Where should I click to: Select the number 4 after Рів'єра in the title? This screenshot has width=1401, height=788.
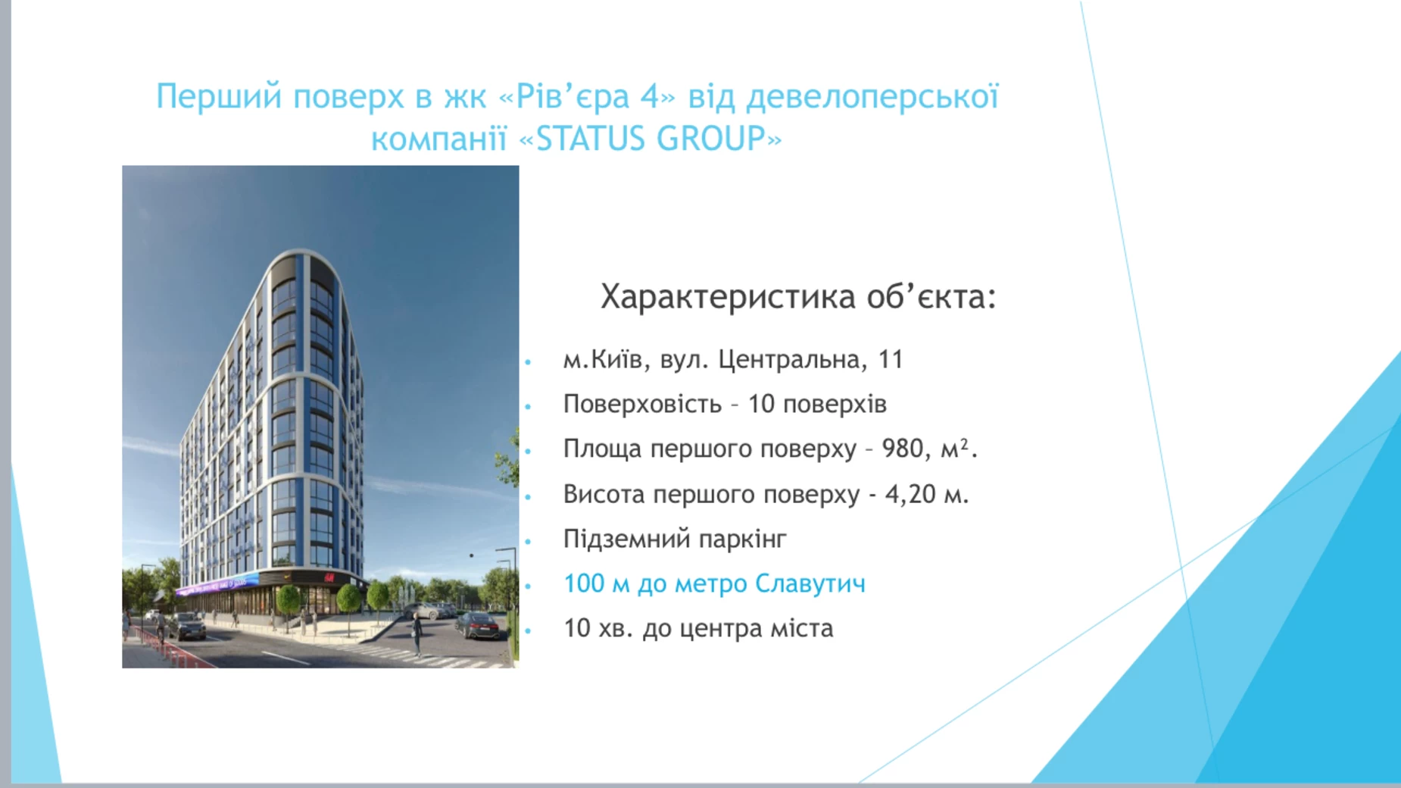650,97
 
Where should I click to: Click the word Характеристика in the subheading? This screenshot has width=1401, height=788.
728,297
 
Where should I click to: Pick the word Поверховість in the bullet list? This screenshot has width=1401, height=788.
642,405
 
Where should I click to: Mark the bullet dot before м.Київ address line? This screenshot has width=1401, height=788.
529,362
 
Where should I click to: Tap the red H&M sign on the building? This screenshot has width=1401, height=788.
329,578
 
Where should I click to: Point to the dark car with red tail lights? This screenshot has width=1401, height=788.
478,625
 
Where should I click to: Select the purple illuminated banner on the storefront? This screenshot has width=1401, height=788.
216,585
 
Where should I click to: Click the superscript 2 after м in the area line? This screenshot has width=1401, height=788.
964,444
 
